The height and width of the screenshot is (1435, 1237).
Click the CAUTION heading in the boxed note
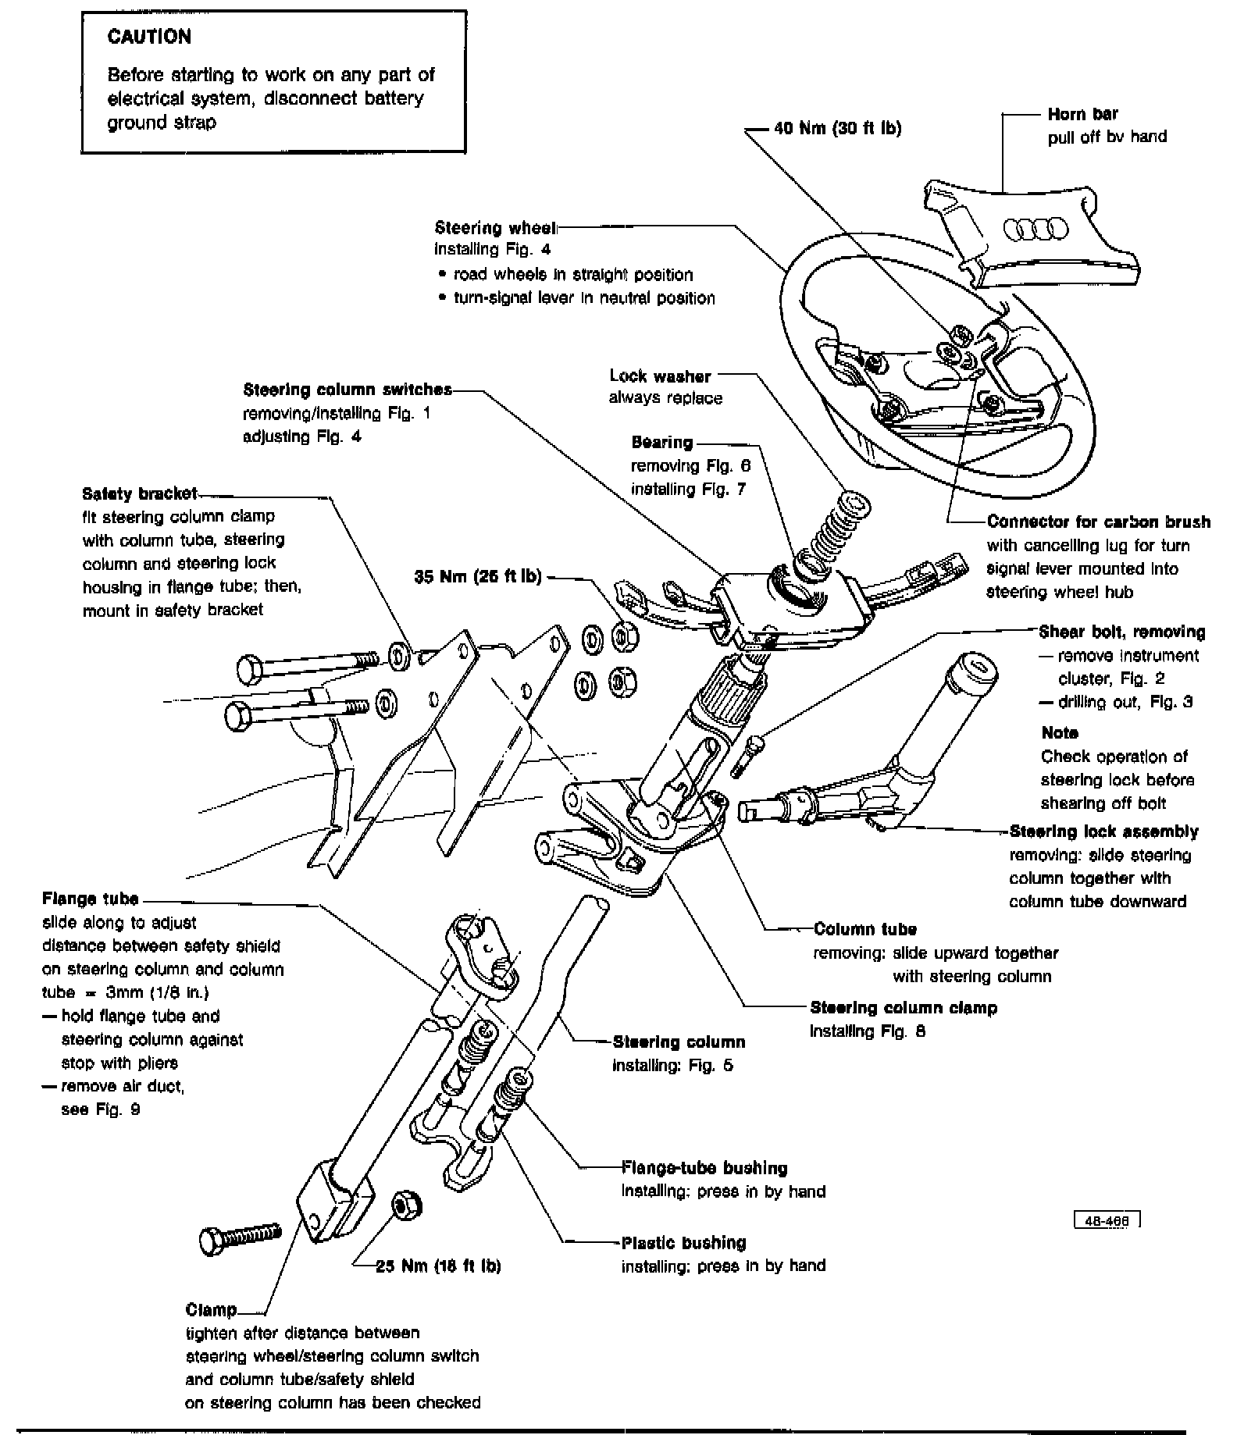pyautogui.click(x=148, y=37)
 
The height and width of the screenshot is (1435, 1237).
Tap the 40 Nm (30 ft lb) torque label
pyautogui.click(x=837, y=129)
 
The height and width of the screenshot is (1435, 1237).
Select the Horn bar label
pyautogui.click(x=1082, y=114)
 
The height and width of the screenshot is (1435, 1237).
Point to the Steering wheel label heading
pyautogui.click(x=495, y=228)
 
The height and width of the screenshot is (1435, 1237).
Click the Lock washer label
pyautogui.click(x=660, y=376)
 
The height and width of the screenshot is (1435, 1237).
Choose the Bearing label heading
pyautogui.click(x=662, y=443)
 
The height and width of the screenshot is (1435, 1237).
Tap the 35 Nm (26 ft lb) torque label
pyautogui.click(x=477, y=578)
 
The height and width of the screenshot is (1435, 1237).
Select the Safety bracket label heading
pyautogui.click(x=140, y=493)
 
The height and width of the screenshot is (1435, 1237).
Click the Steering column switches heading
pyautogui.click(x=348, y=390)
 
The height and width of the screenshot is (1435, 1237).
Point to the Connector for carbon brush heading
pyautogui.click(x=1098, y=522)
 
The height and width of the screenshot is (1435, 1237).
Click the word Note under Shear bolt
pyautogui.click(x=1060, y=732)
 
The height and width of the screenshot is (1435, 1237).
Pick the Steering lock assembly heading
pyautogui.click(x=1103, y=831)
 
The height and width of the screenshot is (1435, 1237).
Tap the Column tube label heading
pyautogui.click(x=864, y=929)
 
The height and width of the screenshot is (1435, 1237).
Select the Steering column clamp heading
pyautogui.click(x=904, y=1008)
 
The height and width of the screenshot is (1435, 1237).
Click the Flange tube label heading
pyautogui.click(x=91, y=899)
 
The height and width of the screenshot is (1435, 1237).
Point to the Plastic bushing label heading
pyautogui.click(x=683, y=1242)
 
